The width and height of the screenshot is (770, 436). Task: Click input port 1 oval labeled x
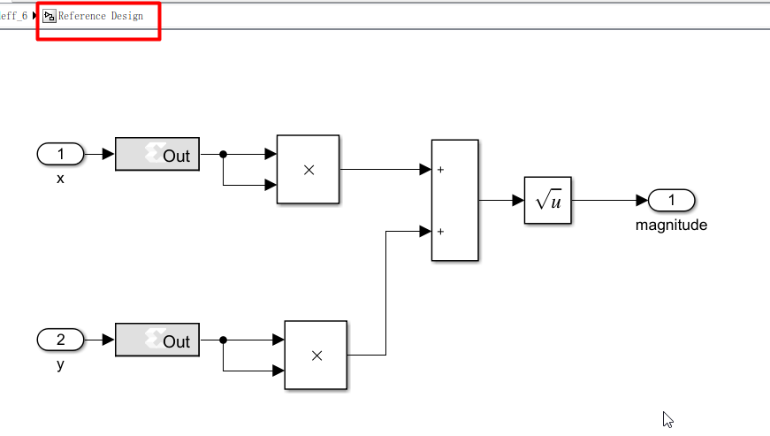click(x=60, y=155)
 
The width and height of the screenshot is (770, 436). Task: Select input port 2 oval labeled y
click(x=60, y=340)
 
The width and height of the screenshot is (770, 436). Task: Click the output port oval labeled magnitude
click(x=671, y=201)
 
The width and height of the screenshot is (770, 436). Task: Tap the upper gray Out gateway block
click(x=157, y=155)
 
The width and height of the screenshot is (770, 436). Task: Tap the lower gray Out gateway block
click(x=157, y=340)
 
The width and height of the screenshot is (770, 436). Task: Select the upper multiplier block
click(x=309, y=170)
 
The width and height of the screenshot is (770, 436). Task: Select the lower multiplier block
click(x=316, y=355)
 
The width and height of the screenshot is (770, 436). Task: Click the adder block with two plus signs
click(x=454, y=201)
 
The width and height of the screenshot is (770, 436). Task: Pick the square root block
click(x=548, y=201)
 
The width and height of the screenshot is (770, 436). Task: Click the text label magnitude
click(x=671, y=225)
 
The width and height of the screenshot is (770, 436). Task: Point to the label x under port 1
click(x=60, y=179)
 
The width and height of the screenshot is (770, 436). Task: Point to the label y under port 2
click(x=60, y=363)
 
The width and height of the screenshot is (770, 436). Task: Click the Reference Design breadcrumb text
click(x=100, y=16)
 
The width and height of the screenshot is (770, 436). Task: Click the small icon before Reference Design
click(x=50, y=16)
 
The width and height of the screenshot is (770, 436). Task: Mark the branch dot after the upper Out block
click(x=223, y=155)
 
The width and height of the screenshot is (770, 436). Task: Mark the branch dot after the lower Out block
click(x=223, y=340)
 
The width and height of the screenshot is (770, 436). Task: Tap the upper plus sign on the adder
click(x=439, y=170)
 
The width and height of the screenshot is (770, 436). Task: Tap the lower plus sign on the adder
click(x=439, y=232)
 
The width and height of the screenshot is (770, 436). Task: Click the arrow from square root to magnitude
click(x=610, y=201)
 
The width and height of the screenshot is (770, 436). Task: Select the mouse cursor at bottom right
click(x=667, y=419)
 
